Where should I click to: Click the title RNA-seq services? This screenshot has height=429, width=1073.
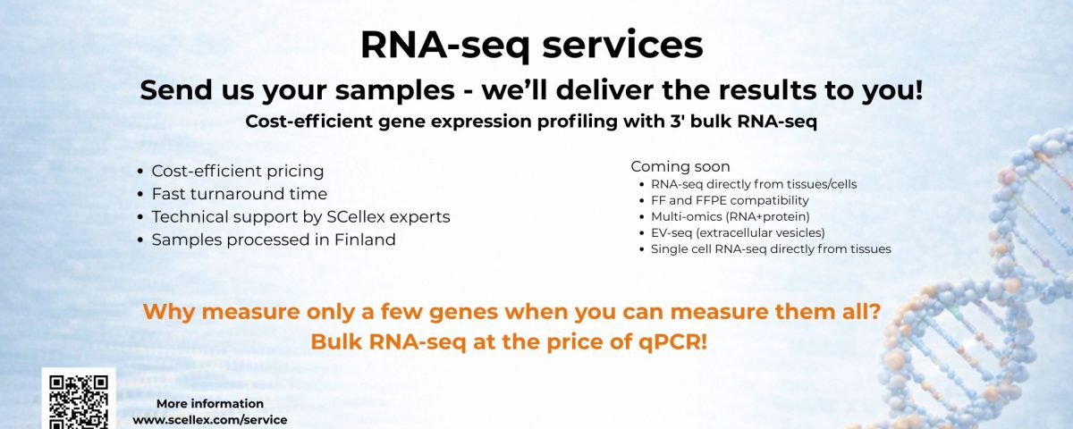pos(531,45)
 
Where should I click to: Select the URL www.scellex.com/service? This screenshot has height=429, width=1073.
pos(210,420)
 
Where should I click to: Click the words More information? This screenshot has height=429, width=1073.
pos(210,404)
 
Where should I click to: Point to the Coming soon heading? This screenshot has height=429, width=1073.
pos(680,166)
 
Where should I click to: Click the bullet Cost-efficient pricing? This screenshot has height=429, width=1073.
pos(238,171)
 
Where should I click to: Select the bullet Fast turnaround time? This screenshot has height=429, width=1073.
pos(239,194)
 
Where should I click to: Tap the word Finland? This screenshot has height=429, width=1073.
pos(365,240)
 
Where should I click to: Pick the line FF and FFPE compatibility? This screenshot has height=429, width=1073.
pos(730,200)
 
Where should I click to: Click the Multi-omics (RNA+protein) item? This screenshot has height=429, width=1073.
pos(730,217)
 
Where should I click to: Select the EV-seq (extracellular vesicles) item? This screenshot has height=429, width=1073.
pos(738,233)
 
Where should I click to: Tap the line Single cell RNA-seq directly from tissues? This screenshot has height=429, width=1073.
pos(771,249)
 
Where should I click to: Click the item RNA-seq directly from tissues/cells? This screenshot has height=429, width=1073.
pos(754,184)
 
